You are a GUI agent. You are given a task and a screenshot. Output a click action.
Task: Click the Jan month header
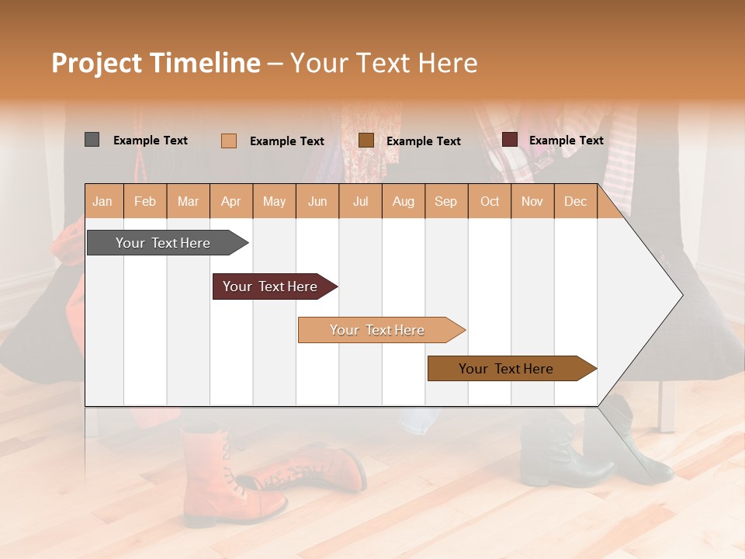pyautogui.click(x=102, y=202)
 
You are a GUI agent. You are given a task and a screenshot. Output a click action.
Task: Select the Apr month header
pyautogui.click(x=230, y=202)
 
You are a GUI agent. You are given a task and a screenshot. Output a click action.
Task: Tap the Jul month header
pyautogui.click(x=360, y=202)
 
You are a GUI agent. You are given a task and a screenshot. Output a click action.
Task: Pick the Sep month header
pyautogui.click(x=445, y=202)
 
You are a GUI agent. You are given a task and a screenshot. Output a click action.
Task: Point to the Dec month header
pyautogui.click(x=575, y=202)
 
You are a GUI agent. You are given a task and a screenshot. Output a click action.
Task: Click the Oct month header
pyautogui.click(x=490, y=202)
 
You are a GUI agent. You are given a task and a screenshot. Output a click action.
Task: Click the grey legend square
pyautogui.click(x=92, y=140)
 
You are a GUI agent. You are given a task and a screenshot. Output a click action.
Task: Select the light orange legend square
pyautogui.click(x=228, y=141)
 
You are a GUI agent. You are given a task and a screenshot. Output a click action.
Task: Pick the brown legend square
pyautogui.click(x=366, y=141)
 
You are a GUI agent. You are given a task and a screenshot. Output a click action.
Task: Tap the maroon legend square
pyautogui.click(x=509, y=140)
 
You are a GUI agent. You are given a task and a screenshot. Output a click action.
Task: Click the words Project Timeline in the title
pyautogui.click(x=155, y=63)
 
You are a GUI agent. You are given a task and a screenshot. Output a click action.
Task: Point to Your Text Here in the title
pyautogui.click(x=383, y=63)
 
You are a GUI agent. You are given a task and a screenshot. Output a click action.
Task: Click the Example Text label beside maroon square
pyautogui.click(x=566, y=141)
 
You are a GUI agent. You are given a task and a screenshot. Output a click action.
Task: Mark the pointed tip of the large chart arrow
pyautogui.click(x=681, y=295)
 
